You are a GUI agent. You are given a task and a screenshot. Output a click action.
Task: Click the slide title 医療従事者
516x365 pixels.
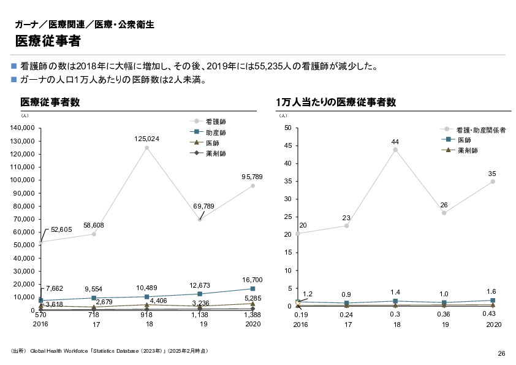pos(48,41)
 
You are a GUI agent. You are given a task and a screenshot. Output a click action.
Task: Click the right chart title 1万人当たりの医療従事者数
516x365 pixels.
pos(335,102)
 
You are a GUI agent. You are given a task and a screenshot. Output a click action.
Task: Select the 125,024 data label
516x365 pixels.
pos(147,139)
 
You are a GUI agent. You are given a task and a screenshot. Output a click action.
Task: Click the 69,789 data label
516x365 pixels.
pos(203,206)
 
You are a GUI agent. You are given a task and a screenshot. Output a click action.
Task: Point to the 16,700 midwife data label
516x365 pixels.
pos(252,280)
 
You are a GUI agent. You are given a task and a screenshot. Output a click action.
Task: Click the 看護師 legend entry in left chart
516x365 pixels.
pos(216,121)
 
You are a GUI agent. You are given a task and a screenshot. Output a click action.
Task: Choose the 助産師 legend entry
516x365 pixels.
pos(216,132)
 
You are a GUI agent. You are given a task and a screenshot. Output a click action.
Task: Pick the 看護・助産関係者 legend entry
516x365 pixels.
pos(481,129)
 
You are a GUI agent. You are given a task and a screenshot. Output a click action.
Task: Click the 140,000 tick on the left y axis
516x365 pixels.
pos(21,128)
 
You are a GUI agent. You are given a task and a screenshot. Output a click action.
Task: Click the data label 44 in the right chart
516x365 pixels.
pos(395,142)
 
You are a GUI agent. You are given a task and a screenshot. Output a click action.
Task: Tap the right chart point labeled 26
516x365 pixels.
pos(444,213)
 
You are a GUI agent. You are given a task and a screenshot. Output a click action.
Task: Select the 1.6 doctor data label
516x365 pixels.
pos(491,291)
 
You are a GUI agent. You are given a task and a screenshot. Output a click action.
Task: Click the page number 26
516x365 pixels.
pos(501,353)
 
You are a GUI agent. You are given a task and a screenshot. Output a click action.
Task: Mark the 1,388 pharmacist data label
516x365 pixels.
pos(252,314)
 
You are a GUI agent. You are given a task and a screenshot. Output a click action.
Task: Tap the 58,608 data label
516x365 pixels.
pos(94,225)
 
